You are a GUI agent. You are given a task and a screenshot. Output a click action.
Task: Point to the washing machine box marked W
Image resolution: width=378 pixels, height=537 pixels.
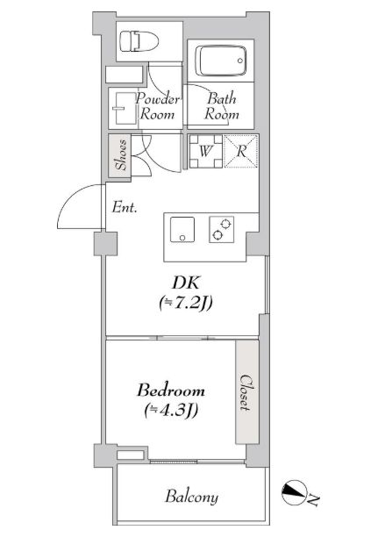coord(204,150)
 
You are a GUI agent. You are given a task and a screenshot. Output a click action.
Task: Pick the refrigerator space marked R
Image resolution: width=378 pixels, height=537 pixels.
coord(240,150)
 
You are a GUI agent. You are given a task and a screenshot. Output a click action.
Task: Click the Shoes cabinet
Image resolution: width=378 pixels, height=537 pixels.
coord(120,155)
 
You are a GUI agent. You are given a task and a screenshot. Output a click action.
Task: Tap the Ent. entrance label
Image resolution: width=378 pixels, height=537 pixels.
coord(123,208)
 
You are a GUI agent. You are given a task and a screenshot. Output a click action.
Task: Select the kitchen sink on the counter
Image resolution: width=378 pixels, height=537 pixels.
coord(182,229)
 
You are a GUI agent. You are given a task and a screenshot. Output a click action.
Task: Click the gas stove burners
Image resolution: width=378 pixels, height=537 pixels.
coord(222,229)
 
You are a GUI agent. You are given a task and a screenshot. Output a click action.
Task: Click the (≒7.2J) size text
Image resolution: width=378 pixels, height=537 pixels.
coord(186,304)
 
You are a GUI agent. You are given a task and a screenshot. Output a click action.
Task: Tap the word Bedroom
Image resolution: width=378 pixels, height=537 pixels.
coord(171,389)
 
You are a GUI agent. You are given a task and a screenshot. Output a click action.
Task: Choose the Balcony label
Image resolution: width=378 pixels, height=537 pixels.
coord(191,498)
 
